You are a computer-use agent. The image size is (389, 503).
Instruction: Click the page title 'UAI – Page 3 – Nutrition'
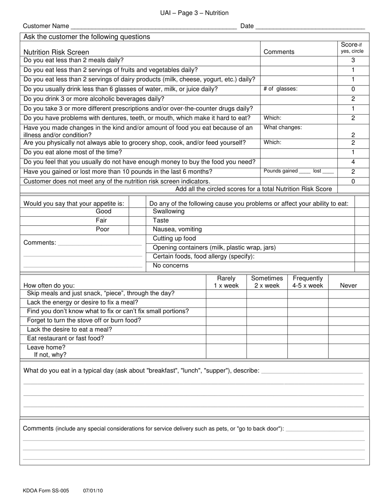tap(194, 13)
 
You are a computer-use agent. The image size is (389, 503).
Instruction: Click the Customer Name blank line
tap(154, 26)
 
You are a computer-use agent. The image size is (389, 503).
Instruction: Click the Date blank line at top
tap(310, 26)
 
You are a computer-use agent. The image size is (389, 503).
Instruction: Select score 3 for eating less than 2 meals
tap(353, 61)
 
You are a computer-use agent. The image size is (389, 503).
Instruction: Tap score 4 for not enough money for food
tap(353, 162)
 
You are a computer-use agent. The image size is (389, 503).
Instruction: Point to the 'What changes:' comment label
tap(283, 128)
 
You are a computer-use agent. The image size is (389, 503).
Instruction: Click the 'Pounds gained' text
tap(280, 171)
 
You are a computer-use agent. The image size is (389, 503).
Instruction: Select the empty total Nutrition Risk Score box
tap(353, 189)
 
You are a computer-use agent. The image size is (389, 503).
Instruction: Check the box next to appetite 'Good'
tap(137, 211)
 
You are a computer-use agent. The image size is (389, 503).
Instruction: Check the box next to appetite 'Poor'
tap(137, 229)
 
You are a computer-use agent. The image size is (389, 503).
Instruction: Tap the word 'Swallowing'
tap(168, 211)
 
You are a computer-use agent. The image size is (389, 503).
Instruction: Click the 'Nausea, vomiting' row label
tap(177, 229)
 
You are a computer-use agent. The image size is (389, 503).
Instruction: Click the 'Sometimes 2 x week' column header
tap(267, 282)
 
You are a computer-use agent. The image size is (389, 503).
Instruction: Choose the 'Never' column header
tap(348, 285)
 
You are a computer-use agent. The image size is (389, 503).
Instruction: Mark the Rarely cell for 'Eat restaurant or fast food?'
tap(226, 339)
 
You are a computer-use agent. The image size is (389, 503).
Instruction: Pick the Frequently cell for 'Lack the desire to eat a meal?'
tap(308, 330)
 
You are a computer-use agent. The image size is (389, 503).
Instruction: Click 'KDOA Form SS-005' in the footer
tap(46, 490)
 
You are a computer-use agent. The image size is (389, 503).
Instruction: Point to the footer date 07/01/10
tap(93, 490)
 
